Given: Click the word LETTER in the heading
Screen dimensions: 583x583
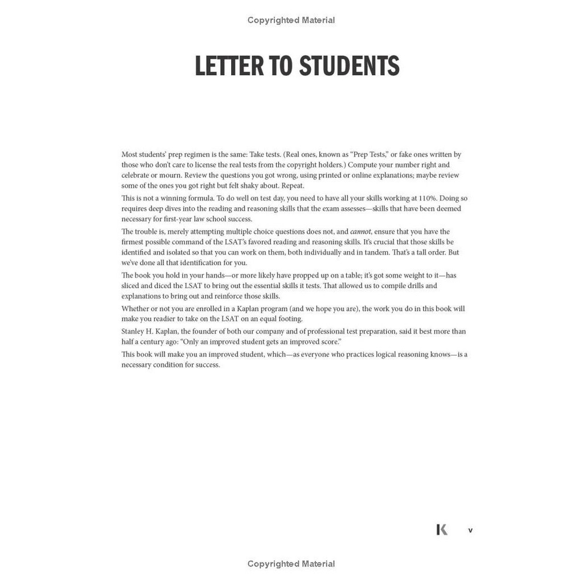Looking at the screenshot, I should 229,66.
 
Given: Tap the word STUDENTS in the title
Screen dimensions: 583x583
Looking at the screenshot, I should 349,66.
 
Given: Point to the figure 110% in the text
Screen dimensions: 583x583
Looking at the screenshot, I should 427,198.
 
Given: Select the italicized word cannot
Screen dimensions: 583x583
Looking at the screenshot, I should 360,232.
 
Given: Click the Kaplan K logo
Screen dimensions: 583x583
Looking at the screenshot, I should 442,529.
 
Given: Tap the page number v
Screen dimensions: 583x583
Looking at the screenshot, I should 470,530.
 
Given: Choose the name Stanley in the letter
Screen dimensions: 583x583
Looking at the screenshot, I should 133,331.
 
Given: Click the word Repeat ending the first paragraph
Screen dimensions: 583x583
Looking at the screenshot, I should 293,186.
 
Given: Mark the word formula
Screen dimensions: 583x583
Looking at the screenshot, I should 199,198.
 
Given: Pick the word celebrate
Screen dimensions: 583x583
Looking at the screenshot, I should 135,175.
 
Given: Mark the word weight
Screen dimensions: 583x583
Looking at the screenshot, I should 420,276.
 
